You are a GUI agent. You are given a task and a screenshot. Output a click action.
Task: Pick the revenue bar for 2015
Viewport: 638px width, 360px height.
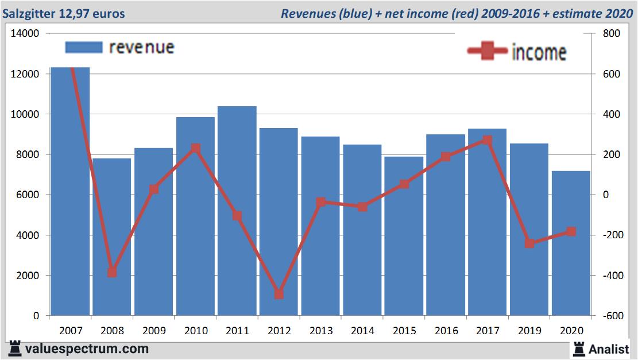pos(404,236)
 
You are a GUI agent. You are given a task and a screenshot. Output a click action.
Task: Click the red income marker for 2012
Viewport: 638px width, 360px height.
pos(279,294)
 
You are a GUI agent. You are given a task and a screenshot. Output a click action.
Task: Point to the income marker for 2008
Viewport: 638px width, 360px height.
pos(112,272)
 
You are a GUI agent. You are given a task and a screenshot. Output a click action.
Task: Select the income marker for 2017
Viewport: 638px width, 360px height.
pos(488,140)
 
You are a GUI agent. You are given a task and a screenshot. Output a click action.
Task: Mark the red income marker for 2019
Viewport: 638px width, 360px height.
pos(529,243)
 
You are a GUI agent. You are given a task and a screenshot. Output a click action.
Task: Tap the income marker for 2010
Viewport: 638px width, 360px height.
pos(195,148)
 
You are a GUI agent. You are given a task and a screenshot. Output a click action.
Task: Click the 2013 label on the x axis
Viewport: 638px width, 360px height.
pos(321,331)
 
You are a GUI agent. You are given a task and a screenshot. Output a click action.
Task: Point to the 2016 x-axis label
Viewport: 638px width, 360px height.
pos(446,331)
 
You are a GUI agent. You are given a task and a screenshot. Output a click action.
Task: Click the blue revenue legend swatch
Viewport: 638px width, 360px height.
pos(84,47)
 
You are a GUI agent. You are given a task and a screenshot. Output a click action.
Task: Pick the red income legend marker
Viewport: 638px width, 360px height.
pos(487,52)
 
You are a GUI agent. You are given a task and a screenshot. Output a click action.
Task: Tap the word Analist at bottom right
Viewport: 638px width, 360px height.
pos(608,349)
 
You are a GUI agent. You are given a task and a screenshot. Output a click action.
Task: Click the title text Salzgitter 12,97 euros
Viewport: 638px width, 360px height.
pos(63,13)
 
